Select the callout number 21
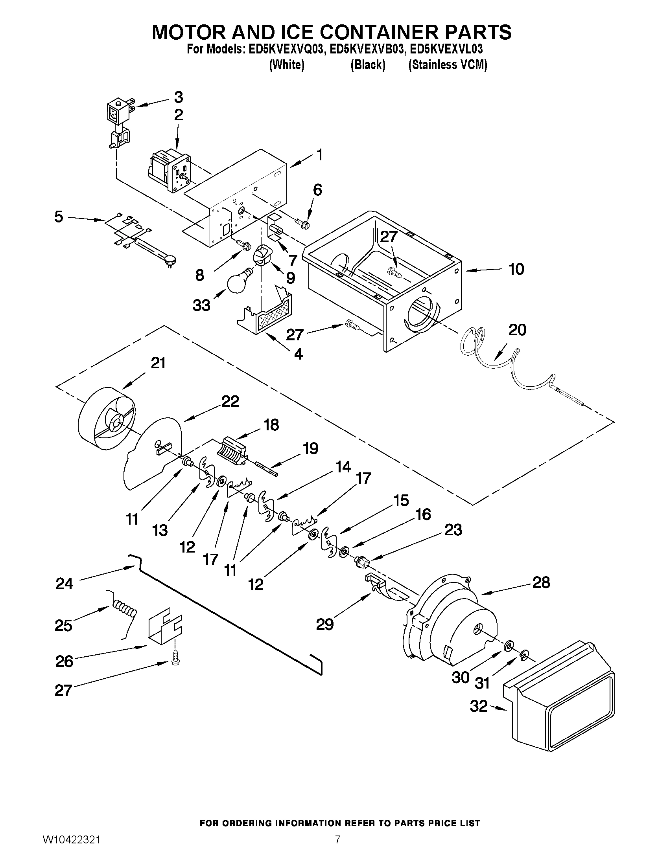click(x=158, y=363)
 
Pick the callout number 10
click(x=516, y=269)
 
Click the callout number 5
click(x=59, y=217)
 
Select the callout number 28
click(x=541, y=582)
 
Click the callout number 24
click(x=64, y=584)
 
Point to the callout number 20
click(x=517, y=330)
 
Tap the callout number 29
click(x=325, y=624)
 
